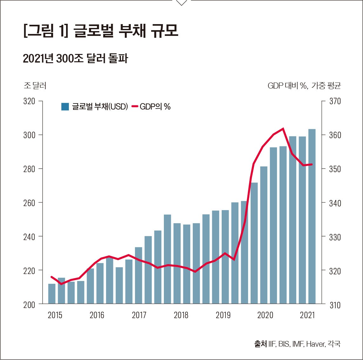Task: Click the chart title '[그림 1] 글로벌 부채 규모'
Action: [101, 31]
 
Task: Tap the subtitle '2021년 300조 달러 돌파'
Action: [75, 59]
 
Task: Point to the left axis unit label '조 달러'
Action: [35, 86]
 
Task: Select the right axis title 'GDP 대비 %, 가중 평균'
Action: [304, 86]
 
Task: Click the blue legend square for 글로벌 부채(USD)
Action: [65, 107]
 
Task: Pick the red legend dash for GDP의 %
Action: [135, 107]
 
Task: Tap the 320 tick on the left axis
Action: [29, 101]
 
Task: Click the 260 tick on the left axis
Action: [29, 203]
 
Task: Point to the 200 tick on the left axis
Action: [29, 305]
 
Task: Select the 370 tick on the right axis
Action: [335, 101]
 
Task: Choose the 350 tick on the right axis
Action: [335, 169]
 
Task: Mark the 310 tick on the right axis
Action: [335, 305]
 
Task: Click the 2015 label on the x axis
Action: [55, 315]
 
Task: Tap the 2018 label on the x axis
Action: [181, 315]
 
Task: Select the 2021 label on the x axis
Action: [307, 315]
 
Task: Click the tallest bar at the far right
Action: [312, 216]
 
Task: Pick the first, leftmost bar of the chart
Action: [52, 294]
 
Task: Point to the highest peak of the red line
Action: [283, 129]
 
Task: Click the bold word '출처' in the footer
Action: [260, 344]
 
